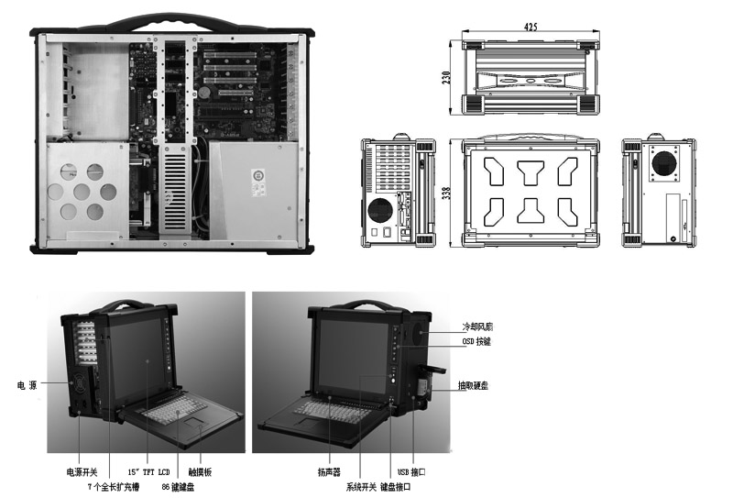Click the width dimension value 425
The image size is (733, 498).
(531, 28)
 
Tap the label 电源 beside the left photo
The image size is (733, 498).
(27, 384)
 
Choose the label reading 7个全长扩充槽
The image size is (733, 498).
(103, 486)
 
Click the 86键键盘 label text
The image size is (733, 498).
(177, 486)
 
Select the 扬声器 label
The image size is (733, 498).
(329, 471)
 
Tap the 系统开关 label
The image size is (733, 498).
(360, 485)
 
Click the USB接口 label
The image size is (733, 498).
(407, 471)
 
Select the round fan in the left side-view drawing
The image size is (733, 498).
(378, 210)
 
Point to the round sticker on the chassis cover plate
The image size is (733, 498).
(259, 174)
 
